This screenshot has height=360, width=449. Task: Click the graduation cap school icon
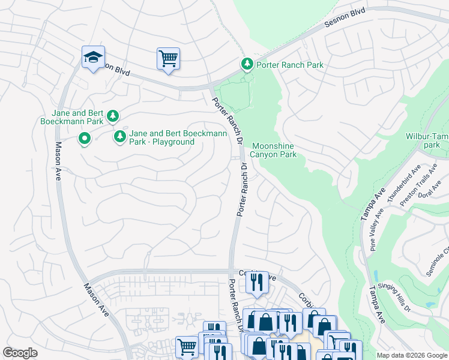click(93, 58)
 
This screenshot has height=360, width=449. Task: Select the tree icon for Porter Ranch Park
click(247, 64)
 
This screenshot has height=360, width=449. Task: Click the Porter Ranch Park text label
click(290, 65)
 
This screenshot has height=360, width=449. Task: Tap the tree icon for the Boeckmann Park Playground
click(120, 137)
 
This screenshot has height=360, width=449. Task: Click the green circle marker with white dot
click(85, 140)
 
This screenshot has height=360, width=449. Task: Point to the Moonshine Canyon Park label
click(274, 150)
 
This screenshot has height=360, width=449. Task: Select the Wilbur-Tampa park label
click(427, 140)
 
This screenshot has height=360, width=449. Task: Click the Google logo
click(20, 353)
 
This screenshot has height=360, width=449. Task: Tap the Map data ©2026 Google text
click(412, 355)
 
